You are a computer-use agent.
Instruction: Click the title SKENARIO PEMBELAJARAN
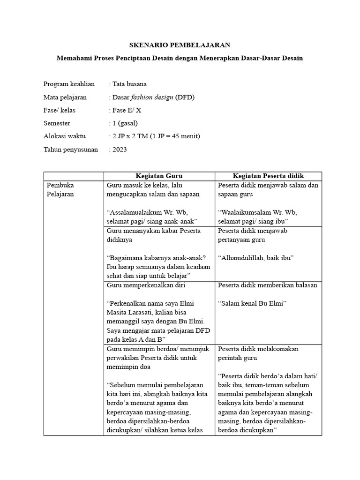(x=180, y=45)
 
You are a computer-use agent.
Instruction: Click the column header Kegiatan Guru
(x=159, y=176)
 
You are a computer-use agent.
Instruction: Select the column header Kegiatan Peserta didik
(x=268, y=176)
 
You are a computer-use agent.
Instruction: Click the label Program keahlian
(x=69, y=84)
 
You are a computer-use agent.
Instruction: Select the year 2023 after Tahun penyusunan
(x=120, y=150)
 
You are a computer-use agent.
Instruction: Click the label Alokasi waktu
(x=66, y=136)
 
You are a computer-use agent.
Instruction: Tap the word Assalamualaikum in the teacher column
(x=137, y=212)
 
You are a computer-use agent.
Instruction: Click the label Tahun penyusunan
(x=71, y=150)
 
